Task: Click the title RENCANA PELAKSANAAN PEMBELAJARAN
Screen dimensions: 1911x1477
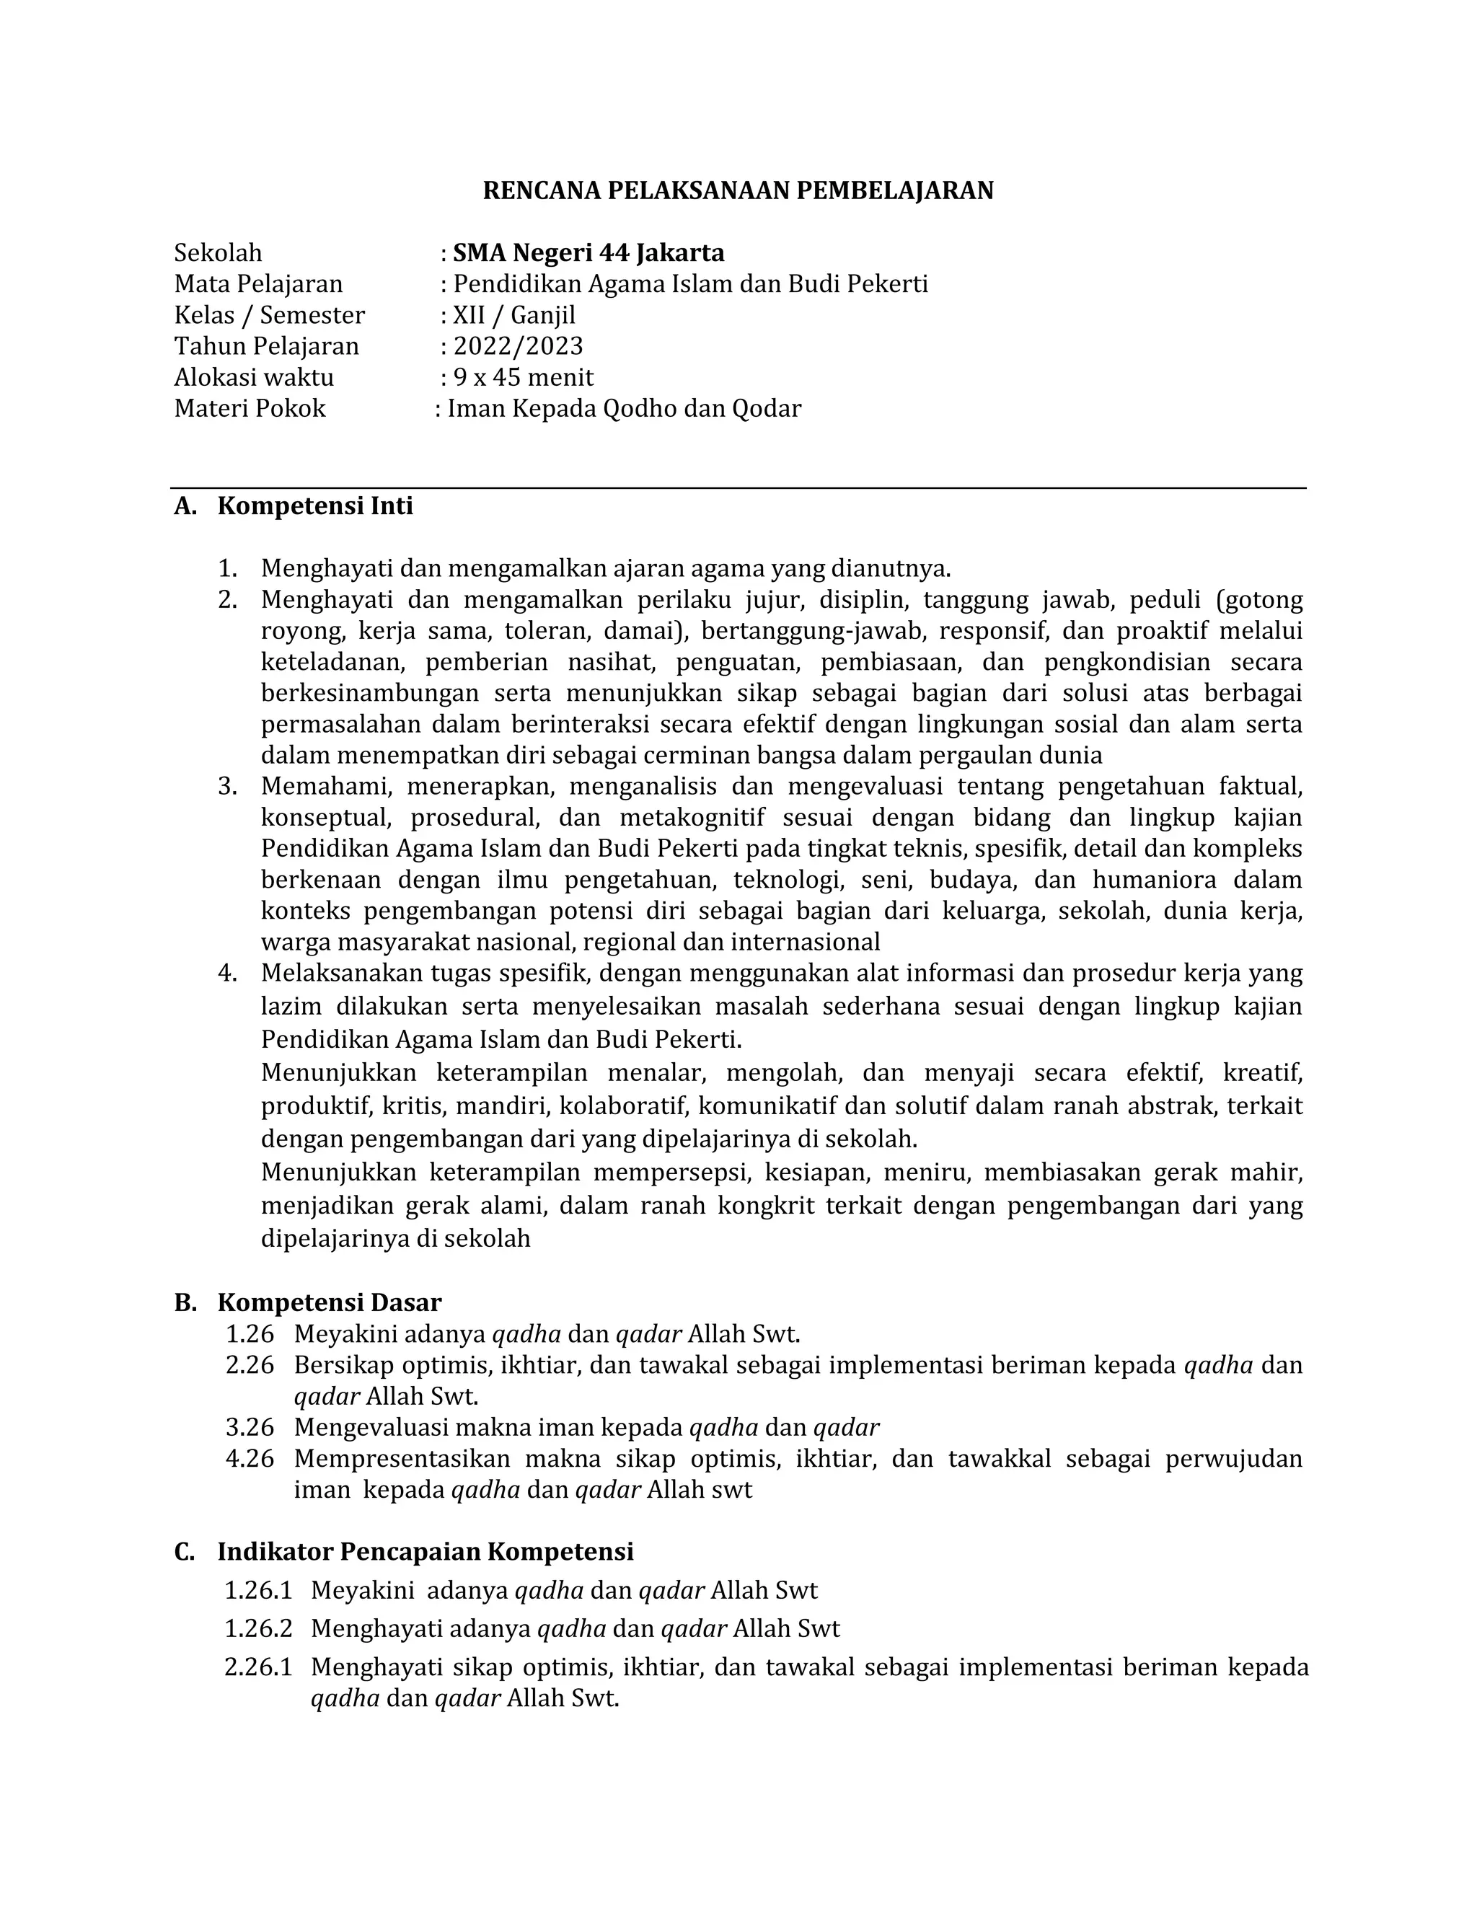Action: click(x=738, y=191)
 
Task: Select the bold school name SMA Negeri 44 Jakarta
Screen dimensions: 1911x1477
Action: click(x=588, y=253)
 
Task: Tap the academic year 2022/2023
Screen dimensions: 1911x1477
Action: click(x=517, y=346)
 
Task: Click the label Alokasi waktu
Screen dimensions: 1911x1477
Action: click(x=254, y=377)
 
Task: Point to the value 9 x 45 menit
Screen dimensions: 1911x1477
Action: click(x=522, y=377)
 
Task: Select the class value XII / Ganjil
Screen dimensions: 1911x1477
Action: click(x=513, y=315)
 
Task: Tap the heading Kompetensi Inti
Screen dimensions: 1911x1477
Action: click(x=315, y=506)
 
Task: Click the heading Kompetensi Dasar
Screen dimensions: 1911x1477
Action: click(x=329, y=1303)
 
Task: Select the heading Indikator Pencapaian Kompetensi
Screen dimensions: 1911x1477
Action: click(x=426, y=1551)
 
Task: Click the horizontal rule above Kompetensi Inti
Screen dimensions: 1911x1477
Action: click(x=738, y=488)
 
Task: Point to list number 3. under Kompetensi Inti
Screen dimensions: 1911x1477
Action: click(x=227, y=787)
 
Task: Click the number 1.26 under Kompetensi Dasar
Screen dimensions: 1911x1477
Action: click(x=250, y=1334)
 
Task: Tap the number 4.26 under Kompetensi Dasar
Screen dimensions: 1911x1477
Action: click(x=250, y=1459)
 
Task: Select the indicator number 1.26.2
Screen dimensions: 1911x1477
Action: click(x=257, y=1628)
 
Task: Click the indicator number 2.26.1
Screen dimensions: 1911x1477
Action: click(x=257, y=1667)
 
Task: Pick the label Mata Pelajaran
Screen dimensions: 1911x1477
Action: click(x=258, y=284)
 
